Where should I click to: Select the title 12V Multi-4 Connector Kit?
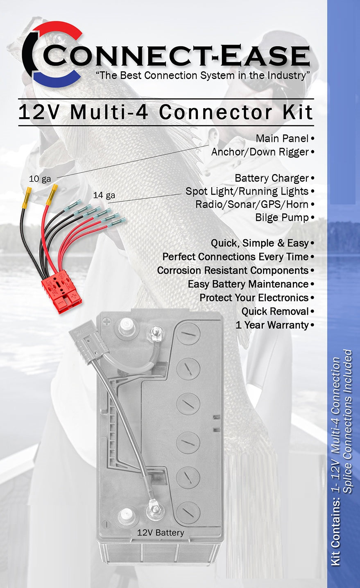point(165,112)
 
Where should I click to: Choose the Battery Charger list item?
point(272,178)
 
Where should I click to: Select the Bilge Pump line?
point(282,218)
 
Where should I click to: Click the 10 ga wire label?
point(40,179)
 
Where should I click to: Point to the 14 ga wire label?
point(104,195)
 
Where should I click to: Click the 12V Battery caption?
point(161,533)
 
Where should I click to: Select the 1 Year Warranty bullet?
point(272,325)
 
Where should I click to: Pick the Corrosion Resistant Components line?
point(233,270)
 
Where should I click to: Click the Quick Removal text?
point(275,311)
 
